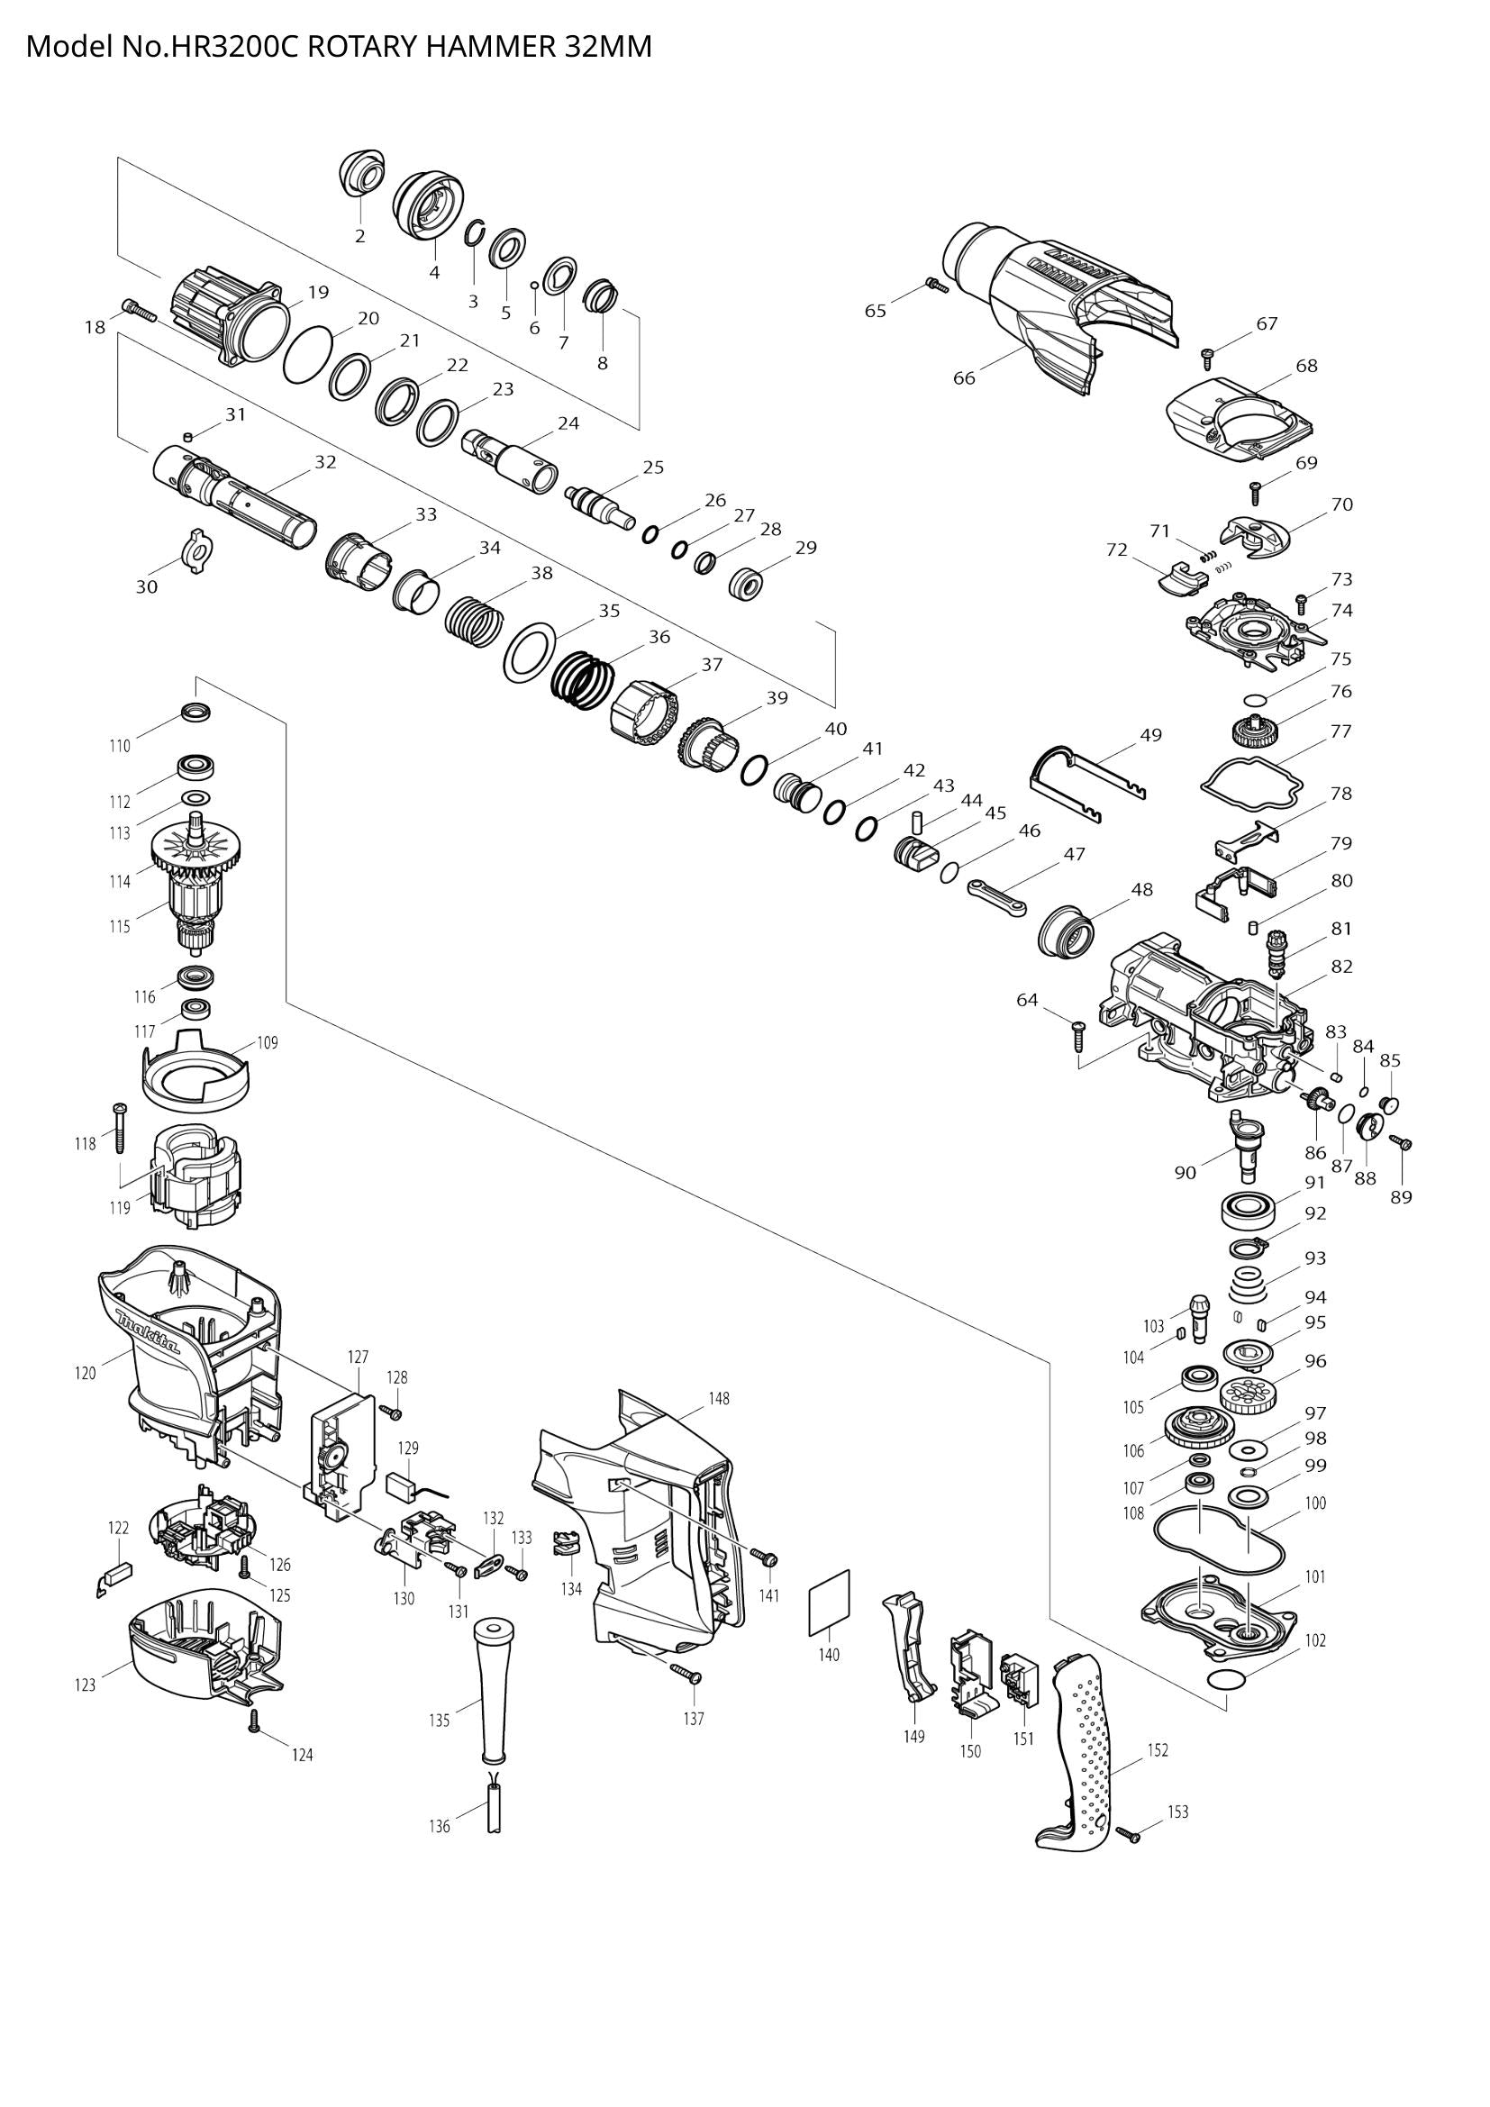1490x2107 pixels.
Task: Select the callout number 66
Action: point(963,377)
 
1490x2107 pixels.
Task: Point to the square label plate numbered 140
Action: point(830,1602)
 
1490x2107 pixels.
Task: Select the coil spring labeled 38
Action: point(475,618)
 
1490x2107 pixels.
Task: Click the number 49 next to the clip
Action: point(1150,735)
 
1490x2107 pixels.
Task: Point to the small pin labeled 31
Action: point(188,434)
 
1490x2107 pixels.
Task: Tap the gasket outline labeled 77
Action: point(1251,782)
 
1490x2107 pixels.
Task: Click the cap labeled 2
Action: point(360,174)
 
